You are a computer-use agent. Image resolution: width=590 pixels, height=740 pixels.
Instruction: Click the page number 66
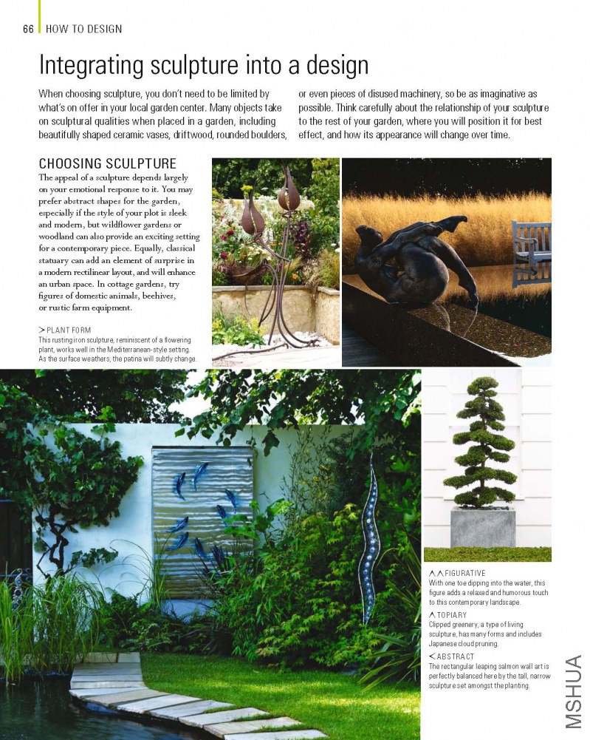click(x=28, y=29)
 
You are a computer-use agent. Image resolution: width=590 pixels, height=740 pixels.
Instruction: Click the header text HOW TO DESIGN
click(x=83, y=29)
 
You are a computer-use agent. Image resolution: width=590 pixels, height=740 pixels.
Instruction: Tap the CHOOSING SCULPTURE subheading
click(x=107, y=163)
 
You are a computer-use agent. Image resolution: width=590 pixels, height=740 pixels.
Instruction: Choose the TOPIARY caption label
click(x=451, y=614)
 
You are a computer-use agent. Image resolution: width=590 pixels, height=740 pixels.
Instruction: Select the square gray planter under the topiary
click(x=483, y=527)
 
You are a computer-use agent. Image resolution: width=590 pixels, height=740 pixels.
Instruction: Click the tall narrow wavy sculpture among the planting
click(x=369, y=540)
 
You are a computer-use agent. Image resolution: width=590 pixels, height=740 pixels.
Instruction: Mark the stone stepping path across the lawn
click(x=170, y=699)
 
